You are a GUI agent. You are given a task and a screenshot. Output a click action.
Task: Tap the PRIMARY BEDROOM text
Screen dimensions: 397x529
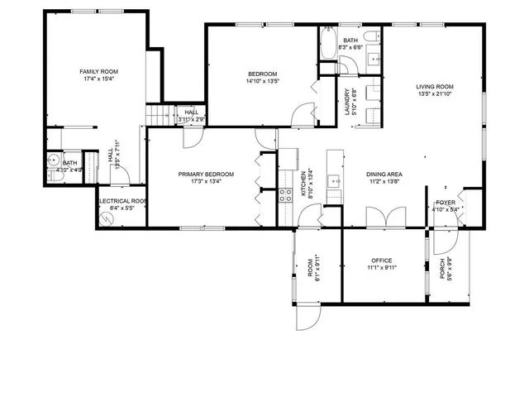pyautogui.click(x=206, y=174)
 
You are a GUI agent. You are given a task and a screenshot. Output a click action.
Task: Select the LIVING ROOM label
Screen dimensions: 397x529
pyautogui.click(x=434, y=86)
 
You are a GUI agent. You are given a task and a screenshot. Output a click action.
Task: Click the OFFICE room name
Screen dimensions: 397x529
pyautogui.click(x=381, y=260)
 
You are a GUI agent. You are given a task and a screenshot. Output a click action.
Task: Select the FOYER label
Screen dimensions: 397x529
pyautogui.click(x=446, y=201)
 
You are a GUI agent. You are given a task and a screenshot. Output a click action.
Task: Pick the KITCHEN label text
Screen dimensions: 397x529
pyautogui.click(x=303, y=187)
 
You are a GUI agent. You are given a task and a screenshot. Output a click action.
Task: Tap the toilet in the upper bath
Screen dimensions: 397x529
pyautogui.click(x=374, y=36)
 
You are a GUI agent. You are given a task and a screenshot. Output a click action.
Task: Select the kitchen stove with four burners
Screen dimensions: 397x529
pyautogui.click(x=285, y=196)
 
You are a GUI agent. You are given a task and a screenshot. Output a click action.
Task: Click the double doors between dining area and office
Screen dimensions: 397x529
pyautogui.click(x=385, y=217)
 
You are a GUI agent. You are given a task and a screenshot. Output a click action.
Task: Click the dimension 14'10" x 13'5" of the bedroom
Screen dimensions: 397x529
pyautogui.click(x=262, y=82)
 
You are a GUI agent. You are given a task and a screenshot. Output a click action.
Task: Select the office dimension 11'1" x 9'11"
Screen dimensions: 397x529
pyautogui.click(x=381, y=268)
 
